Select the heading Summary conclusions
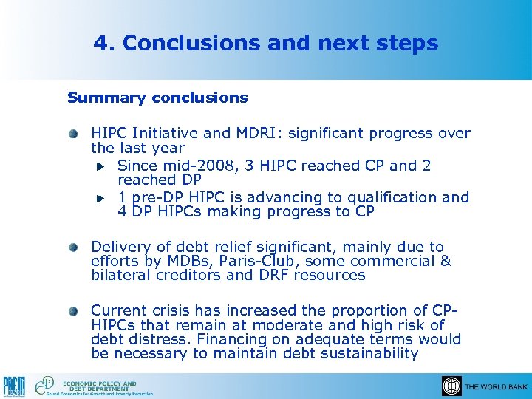pos(157,98)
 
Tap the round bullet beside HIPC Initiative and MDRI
pos(74,134)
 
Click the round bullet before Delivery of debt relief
pos(74,248)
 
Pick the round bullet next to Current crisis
pos(74,311)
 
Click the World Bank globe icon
pos(451,386)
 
